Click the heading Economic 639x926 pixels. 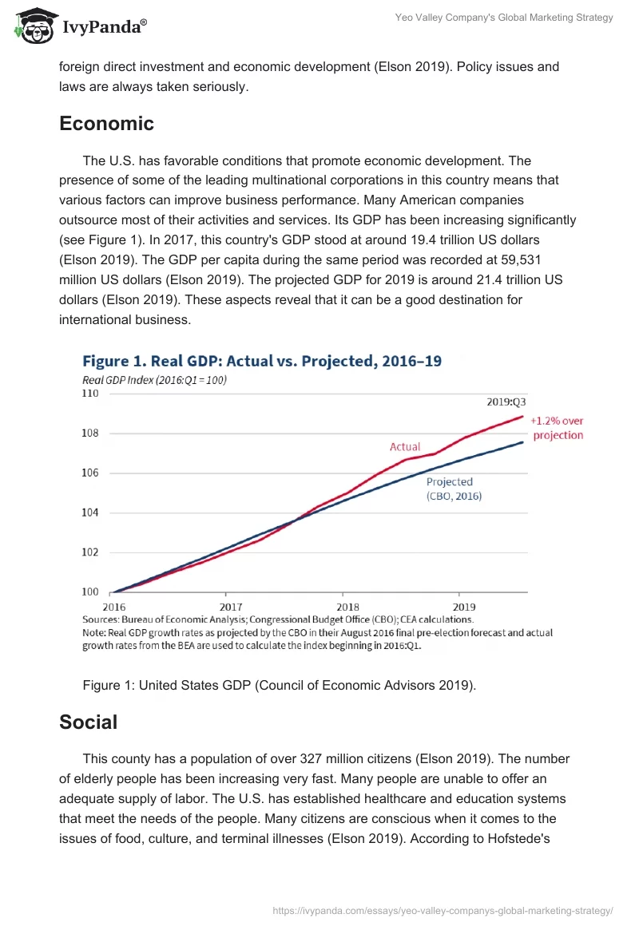click(x=106, y=124)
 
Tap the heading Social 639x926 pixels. click(x=88, y=722)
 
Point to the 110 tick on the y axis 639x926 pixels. click(x=90, y=394)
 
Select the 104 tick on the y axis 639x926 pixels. click(x=90, y=512)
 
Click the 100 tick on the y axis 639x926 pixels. click(x=90, y=592)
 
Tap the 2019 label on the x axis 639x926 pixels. click(x=459, y=606)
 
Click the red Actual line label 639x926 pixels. click(x=405, y=447)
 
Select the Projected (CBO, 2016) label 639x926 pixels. click(x=453, y=489)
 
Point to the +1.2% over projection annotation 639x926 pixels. click(x=557, y=428)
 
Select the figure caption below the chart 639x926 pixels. click(x=279, y=685)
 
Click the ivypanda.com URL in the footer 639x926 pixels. click(x=443, y=910)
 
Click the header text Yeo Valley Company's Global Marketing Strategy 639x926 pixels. click(x=505, y=18)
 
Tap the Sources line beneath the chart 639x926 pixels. click(x=278, y=619)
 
